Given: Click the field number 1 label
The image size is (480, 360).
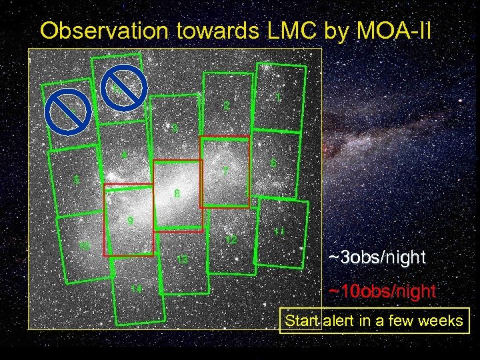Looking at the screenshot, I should tap(277, 97).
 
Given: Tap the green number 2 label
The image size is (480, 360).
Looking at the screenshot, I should tap(227, 106).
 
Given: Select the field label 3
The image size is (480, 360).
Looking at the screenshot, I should tap(175, 127).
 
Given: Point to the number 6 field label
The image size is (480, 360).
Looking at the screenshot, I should tap(273, 163).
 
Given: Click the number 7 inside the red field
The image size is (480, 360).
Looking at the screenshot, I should tap(226, 171).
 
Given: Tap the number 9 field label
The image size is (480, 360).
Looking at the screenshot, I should tap(131, 221).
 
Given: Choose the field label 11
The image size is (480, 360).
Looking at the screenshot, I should tap(279, 232).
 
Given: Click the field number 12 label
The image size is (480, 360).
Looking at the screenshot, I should tap(231, 239).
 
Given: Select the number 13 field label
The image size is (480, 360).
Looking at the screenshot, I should tap(182, 259).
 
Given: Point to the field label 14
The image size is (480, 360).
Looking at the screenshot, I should tap(136, 289).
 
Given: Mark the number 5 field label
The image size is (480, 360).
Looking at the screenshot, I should tap(77, 179).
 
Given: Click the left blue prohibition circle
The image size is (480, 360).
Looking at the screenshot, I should tap(69, 113).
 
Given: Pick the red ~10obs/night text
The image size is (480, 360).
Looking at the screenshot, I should tap(382, 291).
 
